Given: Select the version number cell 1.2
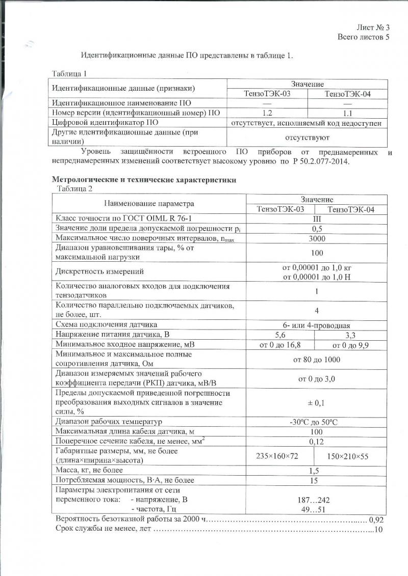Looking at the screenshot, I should [x=267, y=113].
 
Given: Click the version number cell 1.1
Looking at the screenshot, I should [x=348, y=113].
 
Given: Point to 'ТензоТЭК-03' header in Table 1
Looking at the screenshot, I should [x=267, y=93].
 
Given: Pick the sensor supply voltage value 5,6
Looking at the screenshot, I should [x=280, y=335].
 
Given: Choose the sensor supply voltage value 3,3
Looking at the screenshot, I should [x=351, y=335].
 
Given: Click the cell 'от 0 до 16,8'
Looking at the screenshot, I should [x=280, y=345].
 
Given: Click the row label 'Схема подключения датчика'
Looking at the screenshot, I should [x=106, y=324].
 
